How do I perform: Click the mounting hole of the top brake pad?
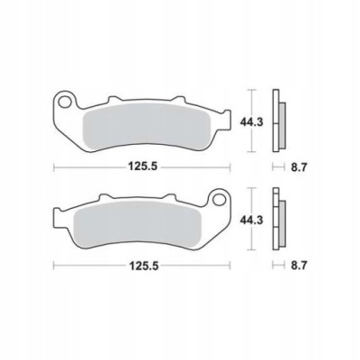coord(64,103)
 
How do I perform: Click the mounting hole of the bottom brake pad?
coord(220,200)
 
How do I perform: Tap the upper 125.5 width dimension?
coord(143,166)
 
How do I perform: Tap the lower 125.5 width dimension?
coord(143,265)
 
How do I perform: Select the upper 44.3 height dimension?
coord(251,121)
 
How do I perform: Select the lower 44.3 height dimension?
coord(251,220)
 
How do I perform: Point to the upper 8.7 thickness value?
coord(298,167)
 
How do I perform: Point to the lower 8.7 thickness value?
coord(298,265)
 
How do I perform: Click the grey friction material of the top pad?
coord(147,126)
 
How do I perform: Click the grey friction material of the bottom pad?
coord(137,223)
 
